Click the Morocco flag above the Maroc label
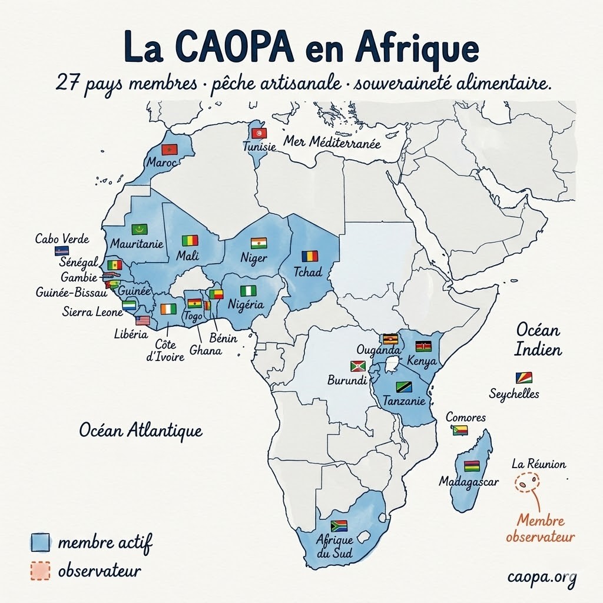(x=170, y=149)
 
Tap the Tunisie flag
(x=259, y=134)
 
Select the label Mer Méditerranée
(x=332, y=142)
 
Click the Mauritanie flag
(x=140, y=229)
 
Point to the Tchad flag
(x=310, y=256)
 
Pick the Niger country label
(x=254, y=258)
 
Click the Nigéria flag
(x=248, y=291)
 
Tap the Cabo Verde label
(x=62, y=239)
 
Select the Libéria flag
(x=143, y=320)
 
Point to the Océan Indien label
(x=538, y=339)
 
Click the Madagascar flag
(x=471, y=466)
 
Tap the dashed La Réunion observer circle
(x=526, y=483)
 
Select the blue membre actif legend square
(x=41, y=542)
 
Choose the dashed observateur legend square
(x=41, y=571)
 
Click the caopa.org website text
(x=542, y=577)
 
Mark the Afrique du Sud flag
(x=339, y=525)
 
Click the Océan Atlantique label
(x=141, y=430)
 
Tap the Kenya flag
(x=423, y=346)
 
